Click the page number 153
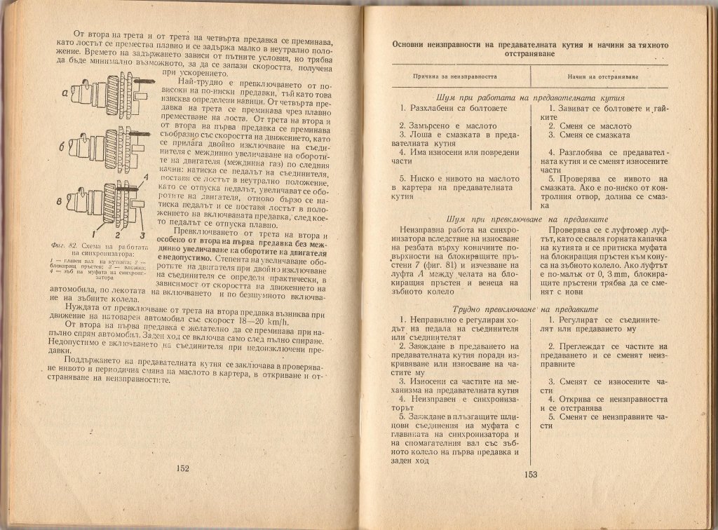[x=529, y=475]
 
